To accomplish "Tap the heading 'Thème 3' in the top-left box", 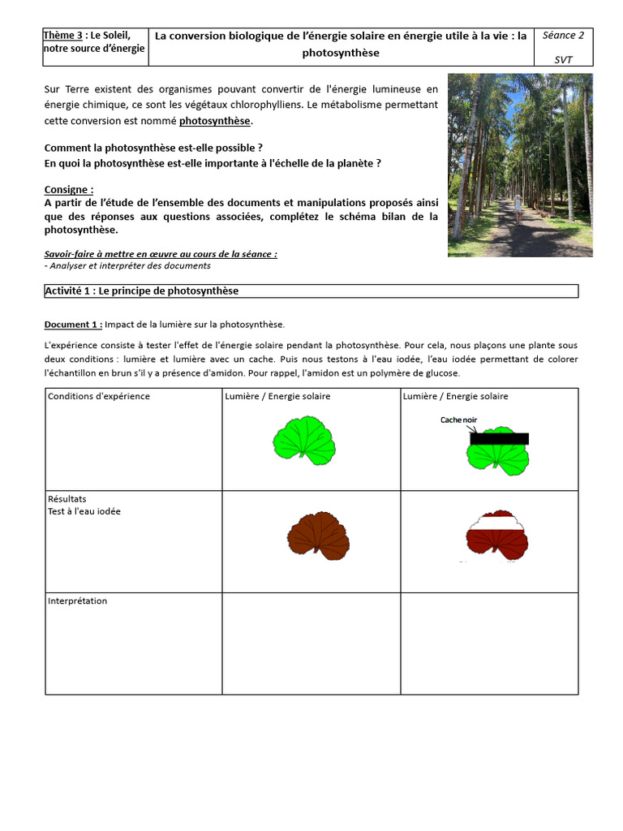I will coord(63,35).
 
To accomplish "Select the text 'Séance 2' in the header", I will coord(564,35).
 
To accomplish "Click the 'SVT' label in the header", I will coord(563,59).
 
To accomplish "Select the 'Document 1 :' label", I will coord(73,325).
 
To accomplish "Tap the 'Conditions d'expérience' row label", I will coord(99,396).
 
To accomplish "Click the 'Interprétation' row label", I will coord(78,601).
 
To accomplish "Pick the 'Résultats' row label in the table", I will coord(67,499).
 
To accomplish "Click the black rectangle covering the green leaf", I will coord(499,438).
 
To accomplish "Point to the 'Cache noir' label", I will coord(459,420).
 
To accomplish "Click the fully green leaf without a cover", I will coord(304,441).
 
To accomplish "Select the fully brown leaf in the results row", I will coord(318,536).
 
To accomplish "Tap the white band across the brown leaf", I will coord(496,523).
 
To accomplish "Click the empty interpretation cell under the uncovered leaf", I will coord(311,643).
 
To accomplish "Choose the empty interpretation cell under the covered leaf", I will coord(489,643).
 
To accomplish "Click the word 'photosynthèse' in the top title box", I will coord(342,53).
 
